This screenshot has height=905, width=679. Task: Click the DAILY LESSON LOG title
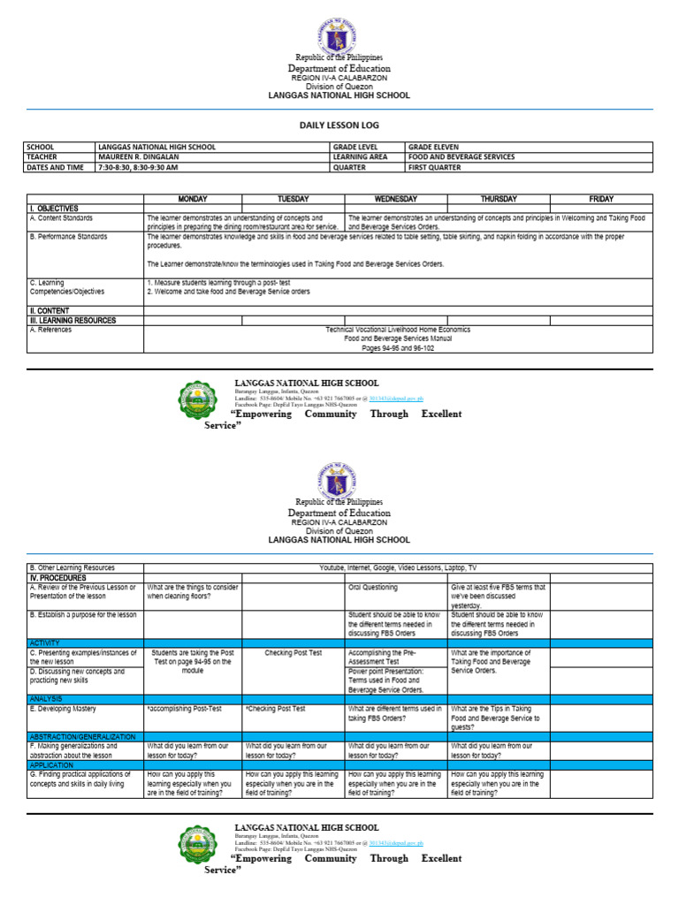(339, 126)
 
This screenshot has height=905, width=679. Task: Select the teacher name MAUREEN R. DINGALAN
(138, 156)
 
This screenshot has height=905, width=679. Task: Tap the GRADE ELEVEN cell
(433, 147)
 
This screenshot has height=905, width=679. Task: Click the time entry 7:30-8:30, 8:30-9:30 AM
(138, 166)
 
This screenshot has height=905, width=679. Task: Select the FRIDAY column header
(600, 199)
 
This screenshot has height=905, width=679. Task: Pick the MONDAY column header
(193, 199)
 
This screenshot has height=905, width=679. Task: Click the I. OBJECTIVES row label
(55, 208)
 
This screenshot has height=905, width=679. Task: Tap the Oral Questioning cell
(373, 587)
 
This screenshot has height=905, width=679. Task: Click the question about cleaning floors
(192, 591)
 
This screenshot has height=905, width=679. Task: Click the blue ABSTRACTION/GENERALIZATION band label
(82, 736)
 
